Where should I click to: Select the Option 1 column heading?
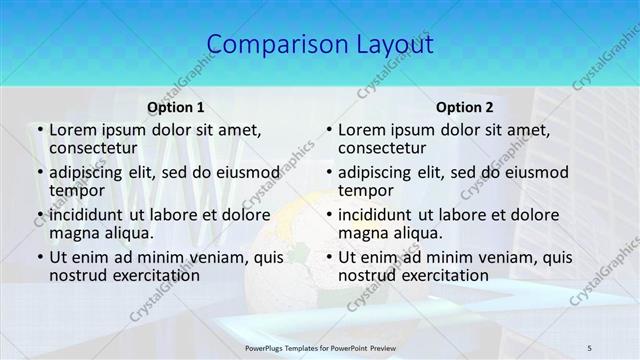pos(175,106)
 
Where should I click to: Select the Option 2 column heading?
pos(465,106)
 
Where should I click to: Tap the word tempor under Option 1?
pos(73,190)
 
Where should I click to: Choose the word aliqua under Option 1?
pos(128,233)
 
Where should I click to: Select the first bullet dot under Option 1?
pos(38,130)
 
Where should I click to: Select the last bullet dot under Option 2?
pos(328,257)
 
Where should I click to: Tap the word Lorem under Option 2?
pos(362,129)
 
